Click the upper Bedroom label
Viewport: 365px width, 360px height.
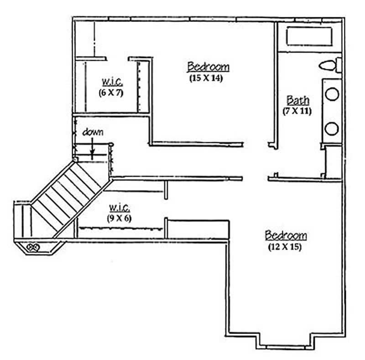208,67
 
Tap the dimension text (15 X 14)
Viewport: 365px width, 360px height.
208,78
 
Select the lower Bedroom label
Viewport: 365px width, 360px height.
286,236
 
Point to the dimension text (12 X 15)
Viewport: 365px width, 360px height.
286,247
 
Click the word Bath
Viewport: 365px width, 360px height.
297,100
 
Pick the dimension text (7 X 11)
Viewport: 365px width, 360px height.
297,111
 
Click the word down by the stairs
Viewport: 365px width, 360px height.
93,133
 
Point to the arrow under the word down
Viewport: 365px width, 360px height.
93,148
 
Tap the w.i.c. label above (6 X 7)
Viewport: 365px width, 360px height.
111,82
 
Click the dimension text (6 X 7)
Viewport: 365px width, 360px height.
111,93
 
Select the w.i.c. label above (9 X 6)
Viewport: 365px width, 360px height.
120,207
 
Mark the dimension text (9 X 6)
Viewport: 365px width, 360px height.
120,218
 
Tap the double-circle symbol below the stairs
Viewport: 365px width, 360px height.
33,247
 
